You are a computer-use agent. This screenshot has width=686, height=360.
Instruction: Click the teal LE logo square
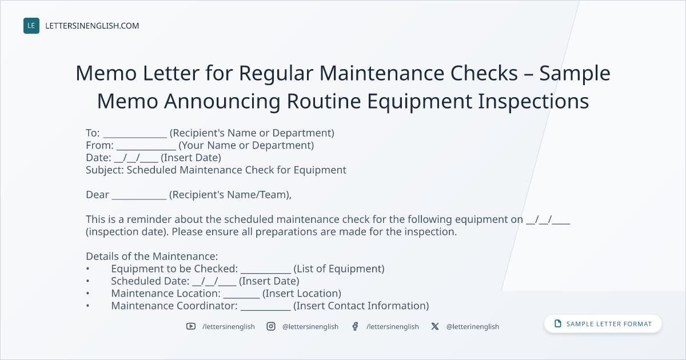pos(31,26)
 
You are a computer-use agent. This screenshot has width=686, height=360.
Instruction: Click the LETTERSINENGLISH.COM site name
pos(92,26)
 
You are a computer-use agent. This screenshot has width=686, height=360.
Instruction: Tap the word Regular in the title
pos(276,74)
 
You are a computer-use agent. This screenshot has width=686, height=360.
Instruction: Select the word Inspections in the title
pos(533,102)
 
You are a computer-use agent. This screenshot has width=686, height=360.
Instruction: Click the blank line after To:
pos(135,137)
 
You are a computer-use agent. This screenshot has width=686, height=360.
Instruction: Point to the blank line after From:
pos(146,149)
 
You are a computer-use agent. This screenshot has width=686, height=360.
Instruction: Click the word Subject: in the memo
pos(105,170)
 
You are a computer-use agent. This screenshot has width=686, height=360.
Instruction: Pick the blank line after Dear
pos(139,198)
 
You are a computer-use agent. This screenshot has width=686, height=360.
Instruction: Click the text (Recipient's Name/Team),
pos(230,195)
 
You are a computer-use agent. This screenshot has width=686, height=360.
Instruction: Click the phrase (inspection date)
pos(127,232)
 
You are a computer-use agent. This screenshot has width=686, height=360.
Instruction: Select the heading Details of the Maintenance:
pos(152,256)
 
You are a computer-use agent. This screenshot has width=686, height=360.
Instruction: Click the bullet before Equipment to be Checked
pos(87,269)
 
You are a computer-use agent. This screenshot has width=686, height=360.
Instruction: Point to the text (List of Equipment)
pos(339,269)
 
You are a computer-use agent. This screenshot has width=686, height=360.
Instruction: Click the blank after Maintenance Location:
pos(241,297)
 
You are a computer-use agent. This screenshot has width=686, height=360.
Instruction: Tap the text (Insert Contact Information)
pos(361,306)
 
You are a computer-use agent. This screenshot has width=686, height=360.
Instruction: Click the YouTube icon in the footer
pos(191,326)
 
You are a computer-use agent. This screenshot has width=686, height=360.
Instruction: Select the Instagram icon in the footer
pos(271,326)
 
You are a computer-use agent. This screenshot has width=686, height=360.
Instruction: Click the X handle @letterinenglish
pos(473,327)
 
